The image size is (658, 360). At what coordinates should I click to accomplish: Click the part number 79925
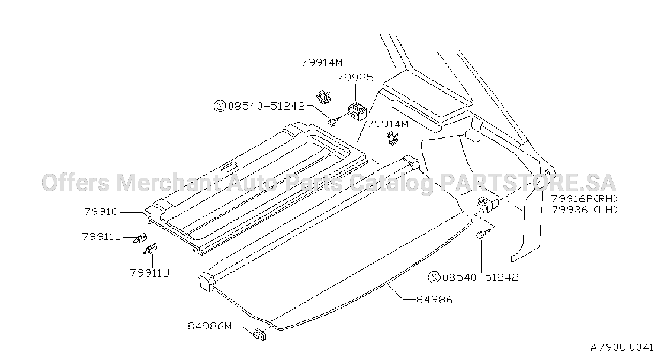355,78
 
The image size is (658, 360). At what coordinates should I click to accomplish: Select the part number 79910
101,212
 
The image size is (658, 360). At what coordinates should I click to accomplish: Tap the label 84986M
210,326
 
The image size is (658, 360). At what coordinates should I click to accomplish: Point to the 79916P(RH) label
585,199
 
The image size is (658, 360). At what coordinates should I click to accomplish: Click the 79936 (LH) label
585,210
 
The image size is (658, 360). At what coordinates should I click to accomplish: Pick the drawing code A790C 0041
622,348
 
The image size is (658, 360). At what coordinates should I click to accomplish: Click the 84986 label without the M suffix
434,300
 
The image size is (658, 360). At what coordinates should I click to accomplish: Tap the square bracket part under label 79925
357,111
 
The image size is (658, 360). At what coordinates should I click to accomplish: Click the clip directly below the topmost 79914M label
323,96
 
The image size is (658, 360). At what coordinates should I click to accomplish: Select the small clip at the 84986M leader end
259,335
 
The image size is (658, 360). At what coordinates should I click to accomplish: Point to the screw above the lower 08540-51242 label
484,234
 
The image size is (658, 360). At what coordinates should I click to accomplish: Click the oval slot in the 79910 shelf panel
230,168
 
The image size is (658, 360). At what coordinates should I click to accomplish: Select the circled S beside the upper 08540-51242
220,106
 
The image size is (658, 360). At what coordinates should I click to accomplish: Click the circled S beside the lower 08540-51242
434,277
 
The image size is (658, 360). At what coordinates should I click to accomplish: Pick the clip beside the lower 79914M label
393,138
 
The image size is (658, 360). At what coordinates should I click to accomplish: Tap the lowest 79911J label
149,274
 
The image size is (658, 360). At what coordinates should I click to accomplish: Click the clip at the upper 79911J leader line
140,237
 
